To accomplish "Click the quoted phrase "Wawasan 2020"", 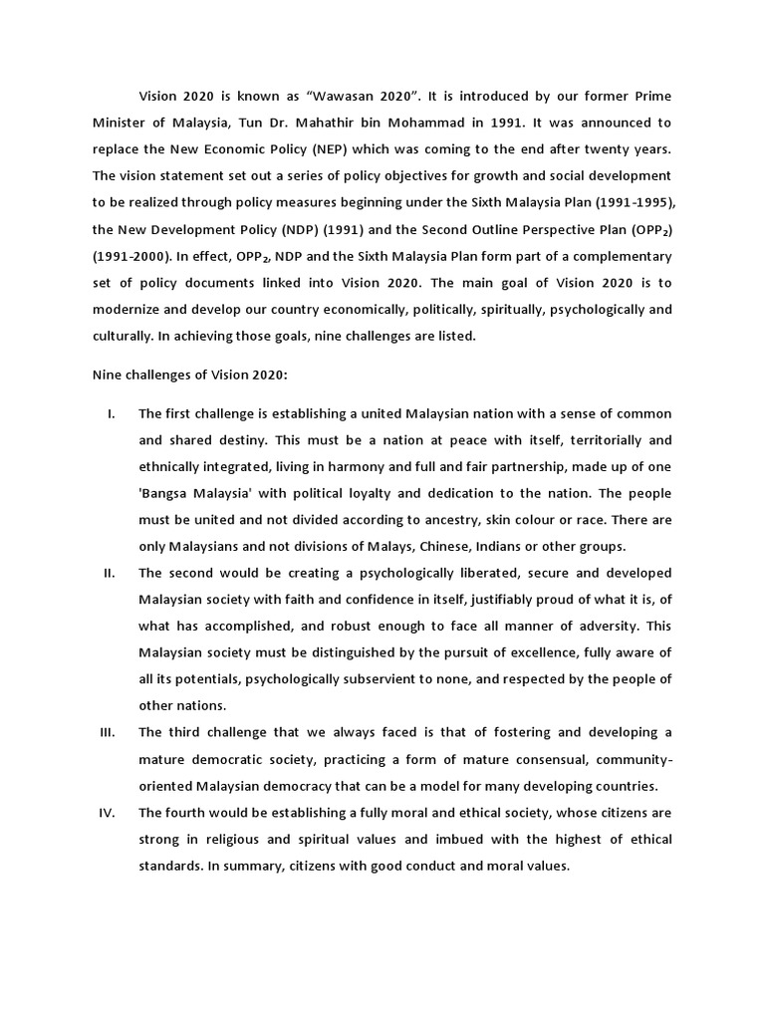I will (361, 96).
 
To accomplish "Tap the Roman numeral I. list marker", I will (111, 413).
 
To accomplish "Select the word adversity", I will (618, 627).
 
